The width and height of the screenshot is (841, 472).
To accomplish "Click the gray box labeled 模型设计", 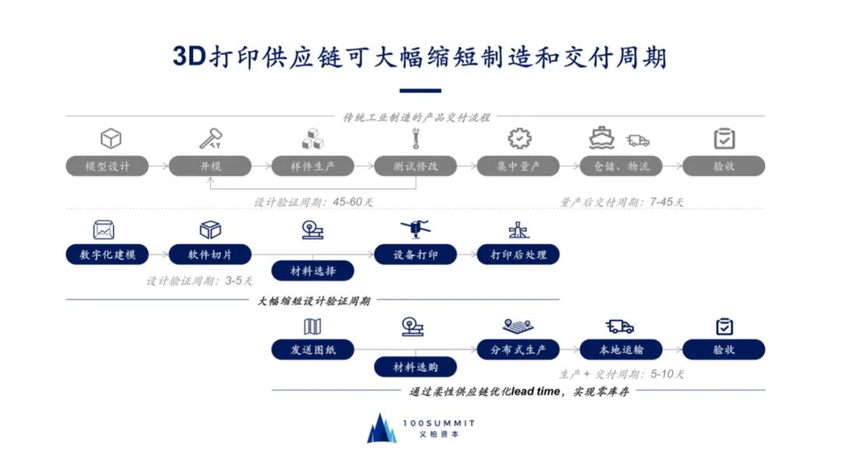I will (x=107, y=166).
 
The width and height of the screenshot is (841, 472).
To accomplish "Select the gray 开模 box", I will (x=210, y=166).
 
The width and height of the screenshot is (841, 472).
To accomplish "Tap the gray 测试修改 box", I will (x=416, y=166).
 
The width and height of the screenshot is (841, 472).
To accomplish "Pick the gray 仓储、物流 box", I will (x=621, y=166).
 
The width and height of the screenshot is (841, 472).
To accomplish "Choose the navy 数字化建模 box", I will (x=107, y=254).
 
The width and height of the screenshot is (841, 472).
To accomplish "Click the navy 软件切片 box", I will (x=210, y=254).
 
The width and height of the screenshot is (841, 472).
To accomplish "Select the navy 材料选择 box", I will (x=313, y=271).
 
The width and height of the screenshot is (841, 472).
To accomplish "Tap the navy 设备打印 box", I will (x=416, y=254).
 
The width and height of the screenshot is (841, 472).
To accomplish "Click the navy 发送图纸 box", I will (x=313, y=349).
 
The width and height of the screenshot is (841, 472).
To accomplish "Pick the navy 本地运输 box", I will (x=621, y=349).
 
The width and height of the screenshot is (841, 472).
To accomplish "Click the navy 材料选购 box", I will (x=416, y=366).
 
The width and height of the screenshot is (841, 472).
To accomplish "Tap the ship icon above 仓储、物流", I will (x=602, y=139).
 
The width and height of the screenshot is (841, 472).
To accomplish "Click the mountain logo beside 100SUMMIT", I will (x=382, y=428).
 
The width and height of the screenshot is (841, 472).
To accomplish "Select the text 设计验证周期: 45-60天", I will (x=314, y=202).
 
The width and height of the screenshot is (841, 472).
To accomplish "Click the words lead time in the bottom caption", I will (x=537, y=391).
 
